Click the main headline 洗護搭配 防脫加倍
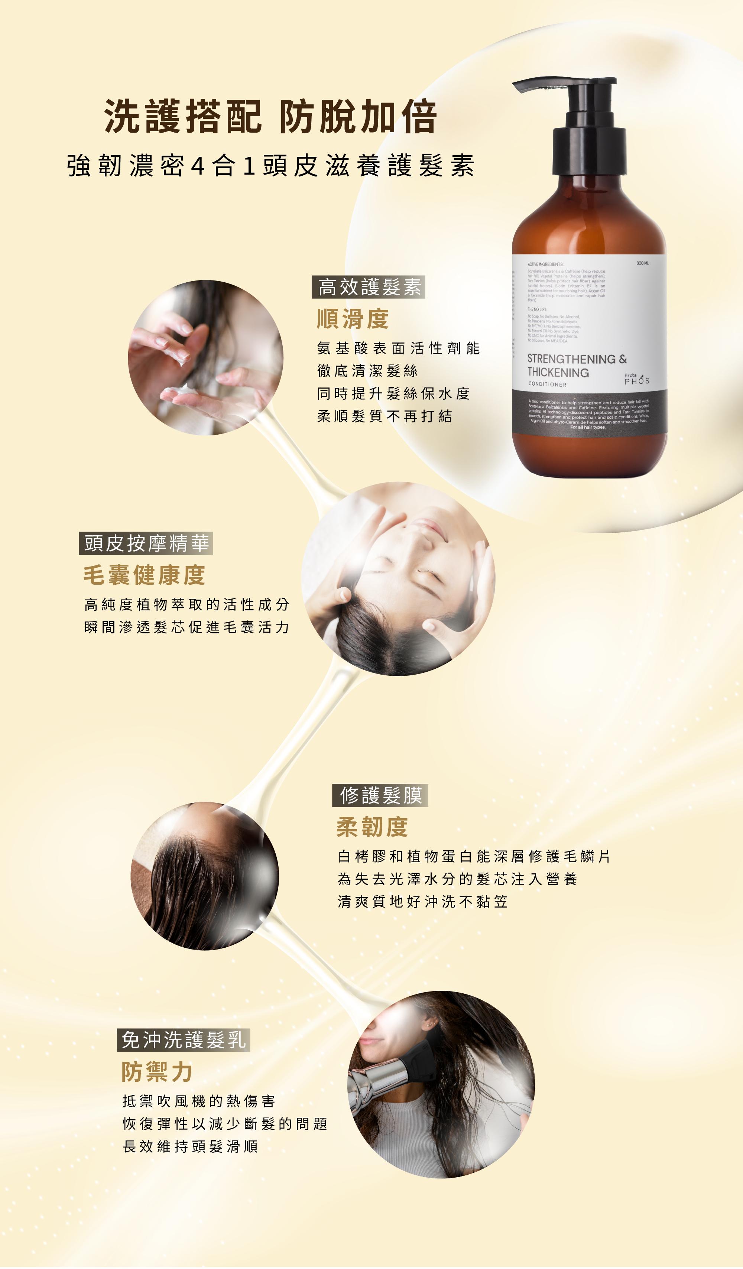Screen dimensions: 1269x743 pyautogui.click(x=270, y=117)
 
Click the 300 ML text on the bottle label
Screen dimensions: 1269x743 pyautogui.click(x=642, y=263)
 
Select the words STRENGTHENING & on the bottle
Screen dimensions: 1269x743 pyautogui.click(x=577, y=359)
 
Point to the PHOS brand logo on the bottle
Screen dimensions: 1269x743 pyautogui.click(x=637, y=380)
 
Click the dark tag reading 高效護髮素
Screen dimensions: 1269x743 pyautogui.click(x=369, y=287)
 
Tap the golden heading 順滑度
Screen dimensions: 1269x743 pyautogui.click(x=353, y=319)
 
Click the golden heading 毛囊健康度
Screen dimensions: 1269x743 pyautogui.click(x=145, y=575)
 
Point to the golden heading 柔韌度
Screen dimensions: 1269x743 pyautogui.click(x=372, y=827)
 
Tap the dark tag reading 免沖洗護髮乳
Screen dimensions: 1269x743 pyautogui.click(x=184, y=1040)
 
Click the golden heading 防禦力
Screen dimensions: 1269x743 pyautogui.click(x=157, y=1072)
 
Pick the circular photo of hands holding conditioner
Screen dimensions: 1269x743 pyautogui.click(x=205, y=357)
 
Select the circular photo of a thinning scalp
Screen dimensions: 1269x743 pyautogui.click(x=205, y=876)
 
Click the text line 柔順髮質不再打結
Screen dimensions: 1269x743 pyautogui.click(x=385, y=416)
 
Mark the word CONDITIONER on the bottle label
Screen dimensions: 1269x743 pyautogui.click(x=548, y=384)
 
